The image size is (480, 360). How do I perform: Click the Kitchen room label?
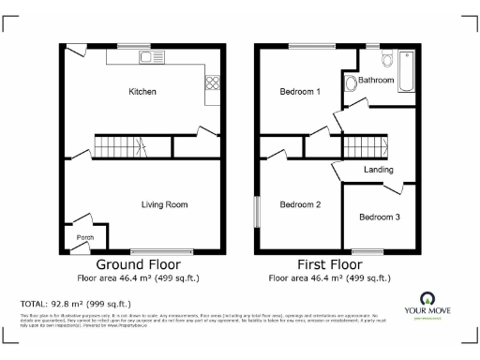[142, 92]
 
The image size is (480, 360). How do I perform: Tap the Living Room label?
[164, 204]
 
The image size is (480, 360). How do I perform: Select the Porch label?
[85, 238]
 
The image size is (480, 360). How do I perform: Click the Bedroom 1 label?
[300, 92]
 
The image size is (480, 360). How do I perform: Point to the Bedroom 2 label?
[300, 204]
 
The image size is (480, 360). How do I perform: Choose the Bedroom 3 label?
[379, 217]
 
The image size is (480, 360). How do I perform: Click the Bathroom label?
[375, 81]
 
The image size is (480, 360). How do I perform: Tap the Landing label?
[379, 170]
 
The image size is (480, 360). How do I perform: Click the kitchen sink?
[148, 57]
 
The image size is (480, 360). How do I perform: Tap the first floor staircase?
[367, 146]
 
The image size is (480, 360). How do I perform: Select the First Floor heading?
[328, 265]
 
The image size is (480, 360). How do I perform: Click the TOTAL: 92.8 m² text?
[76, 304]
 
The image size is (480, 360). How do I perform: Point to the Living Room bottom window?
[161, 253]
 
